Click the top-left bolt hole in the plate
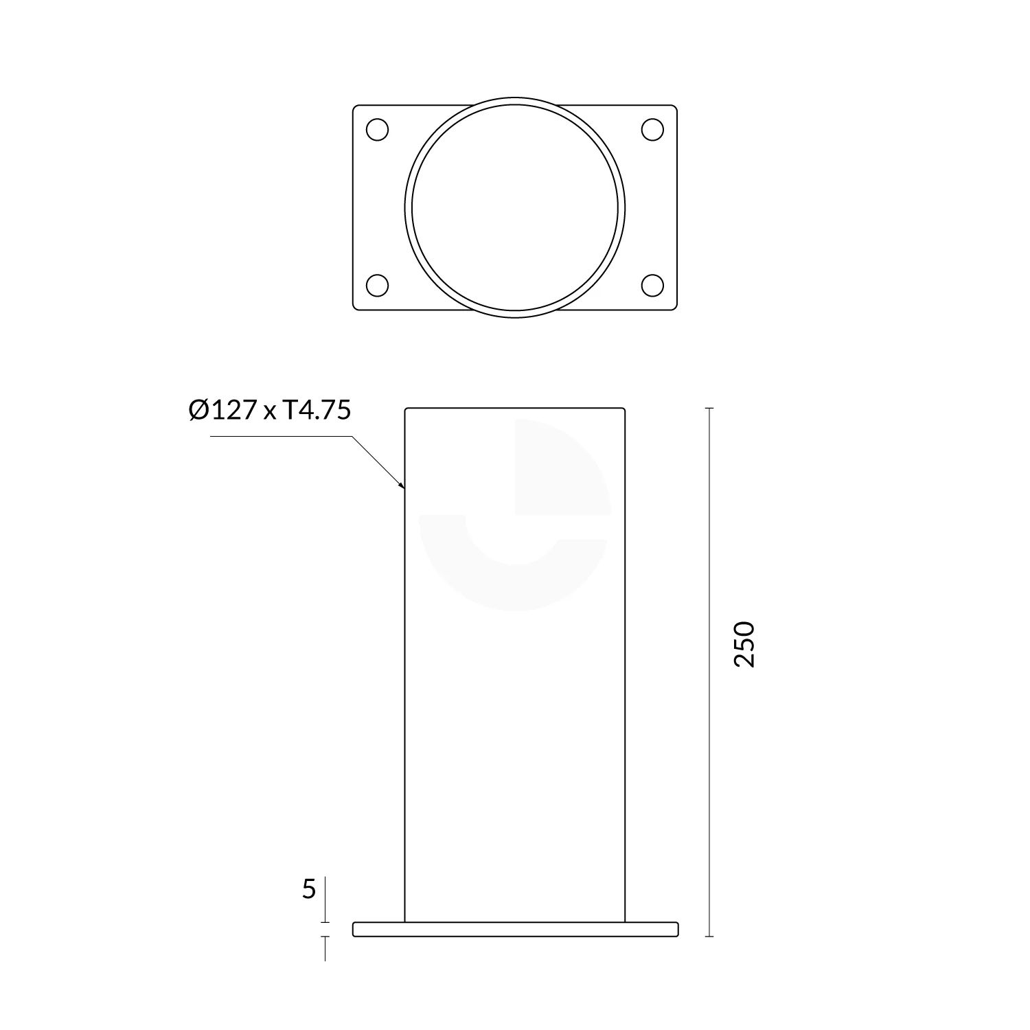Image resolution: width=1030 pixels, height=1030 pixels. coord(378,130)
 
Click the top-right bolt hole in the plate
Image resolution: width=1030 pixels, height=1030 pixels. coord(652,130)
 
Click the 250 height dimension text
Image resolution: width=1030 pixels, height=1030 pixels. coord(744,644)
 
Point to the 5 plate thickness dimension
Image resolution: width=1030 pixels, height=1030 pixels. coord(309,890)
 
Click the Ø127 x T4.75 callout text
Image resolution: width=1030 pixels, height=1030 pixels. coord(270,410)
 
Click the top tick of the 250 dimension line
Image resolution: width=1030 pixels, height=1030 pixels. coord(709,409)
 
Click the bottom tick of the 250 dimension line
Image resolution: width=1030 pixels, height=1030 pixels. coord(709,936)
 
